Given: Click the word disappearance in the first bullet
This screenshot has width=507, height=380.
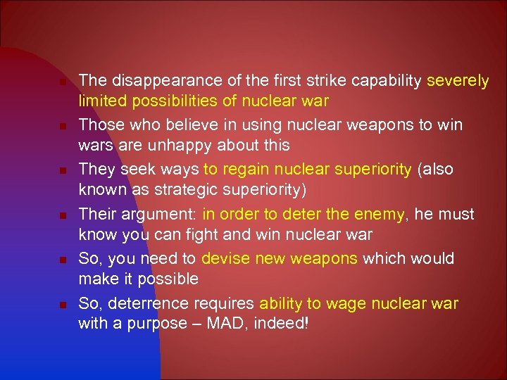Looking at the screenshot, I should (x=150, y=80).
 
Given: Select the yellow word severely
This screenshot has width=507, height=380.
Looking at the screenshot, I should (x=458, y=80).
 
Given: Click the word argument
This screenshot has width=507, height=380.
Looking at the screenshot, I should (x=158, y=214).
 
